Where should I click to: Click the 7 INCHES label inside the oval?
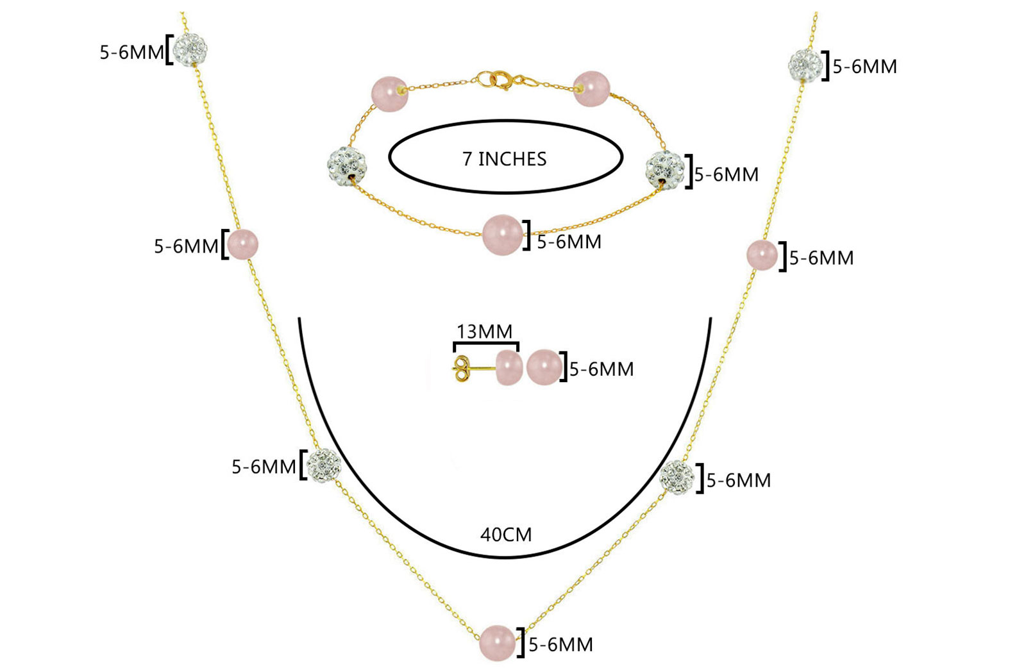point(505,158)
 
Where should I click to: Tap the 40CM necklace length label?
point(506,534)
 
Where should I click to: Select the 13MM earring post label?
point(484,331)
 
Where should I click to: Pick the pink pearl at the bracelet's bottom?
point(502,235)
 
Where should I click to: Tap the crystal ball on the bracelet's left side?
point(347,165)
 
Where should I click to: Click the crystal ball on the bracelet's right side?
point(664,168)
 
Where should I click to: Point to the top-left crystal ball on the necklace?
point(190,49)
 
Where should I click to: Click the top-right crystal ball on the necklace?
point(805,65)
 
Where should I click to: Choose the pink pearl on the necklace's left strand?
point(243,245)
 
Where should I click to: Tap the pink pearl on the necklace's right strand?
point(762,255)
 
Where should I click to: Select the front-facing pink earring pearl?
point(543,367)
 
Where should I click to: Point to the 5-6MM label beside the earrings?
point(601,369)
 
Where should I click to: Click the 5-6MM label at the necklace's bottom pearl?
point(560,644)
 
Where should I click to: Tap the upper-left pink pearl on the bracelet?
point(389,94)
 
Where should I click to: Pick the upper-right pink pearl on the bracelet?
point(591,88)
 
